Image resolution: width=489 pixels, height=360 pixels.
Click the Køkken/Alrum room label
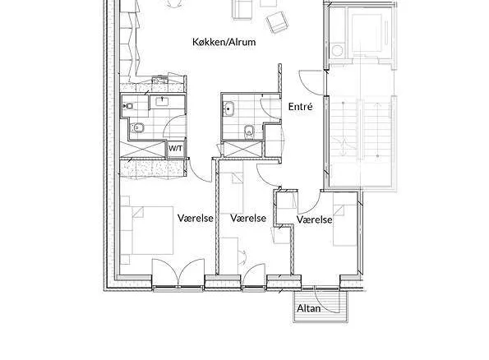224,42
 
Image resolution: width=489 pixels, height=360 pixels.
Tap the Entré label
300,106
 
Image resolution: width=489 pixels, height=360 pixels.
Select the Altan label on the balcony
308,308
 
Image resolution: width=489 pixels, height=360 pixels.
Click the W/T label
175,149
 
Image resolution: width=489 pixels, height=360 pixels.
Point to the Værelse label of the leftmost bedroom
196,218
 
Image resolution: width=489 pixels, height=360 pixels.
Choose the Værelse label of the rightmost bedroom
314,219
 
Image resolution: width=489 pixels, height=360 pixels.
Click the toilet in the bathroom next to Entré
249,131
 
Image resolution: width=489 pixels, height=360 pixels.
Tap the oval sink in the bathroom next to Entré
228,109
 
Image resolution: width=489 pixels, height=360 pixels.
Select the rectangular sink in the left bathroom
162,101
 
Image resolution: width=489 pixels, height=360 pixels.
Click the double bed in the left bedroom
147,230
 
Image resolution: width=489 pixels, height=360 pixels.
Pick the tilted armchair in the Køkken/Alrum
277,22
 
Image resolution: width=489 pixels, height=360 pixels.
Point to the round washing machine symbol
337,50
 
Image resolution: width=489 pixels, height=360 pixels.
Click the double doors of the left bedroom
178,272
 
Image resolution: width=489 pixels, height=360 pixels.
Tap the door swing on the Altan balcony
326,301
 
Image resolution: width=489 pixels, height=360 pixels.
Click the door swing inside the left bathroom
174,127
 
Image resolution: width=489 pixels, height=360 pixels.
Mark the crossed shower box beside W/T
143,149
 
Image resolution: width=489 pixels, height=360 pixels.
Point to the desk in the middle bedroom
229,256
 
